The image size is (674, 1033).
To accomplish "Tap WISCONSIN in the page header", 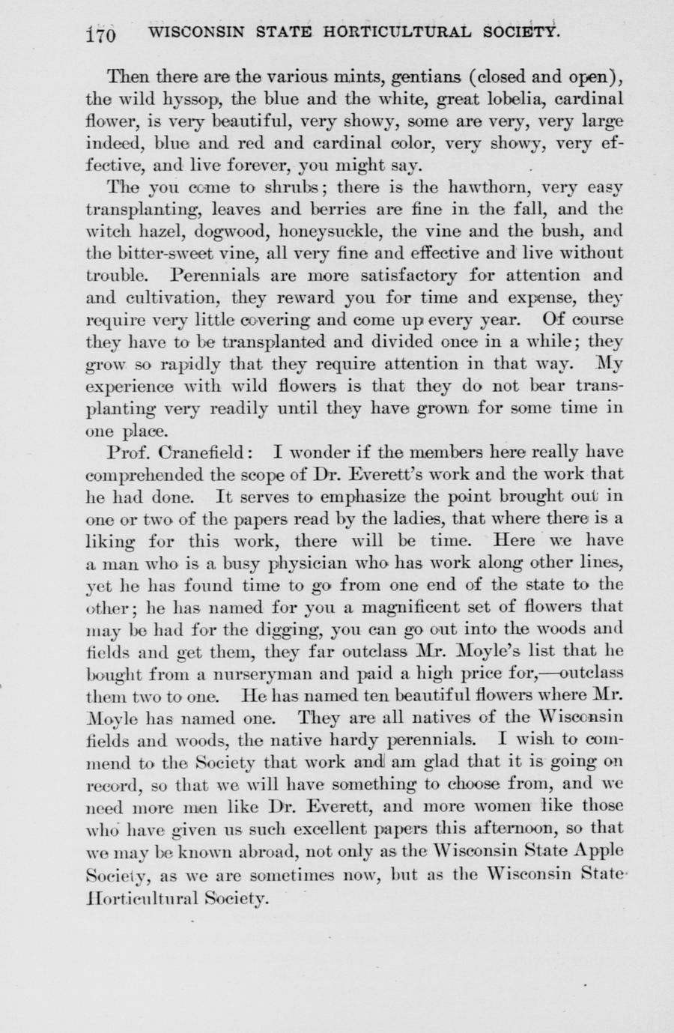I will pyautogui.click(x=198, y=33).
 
